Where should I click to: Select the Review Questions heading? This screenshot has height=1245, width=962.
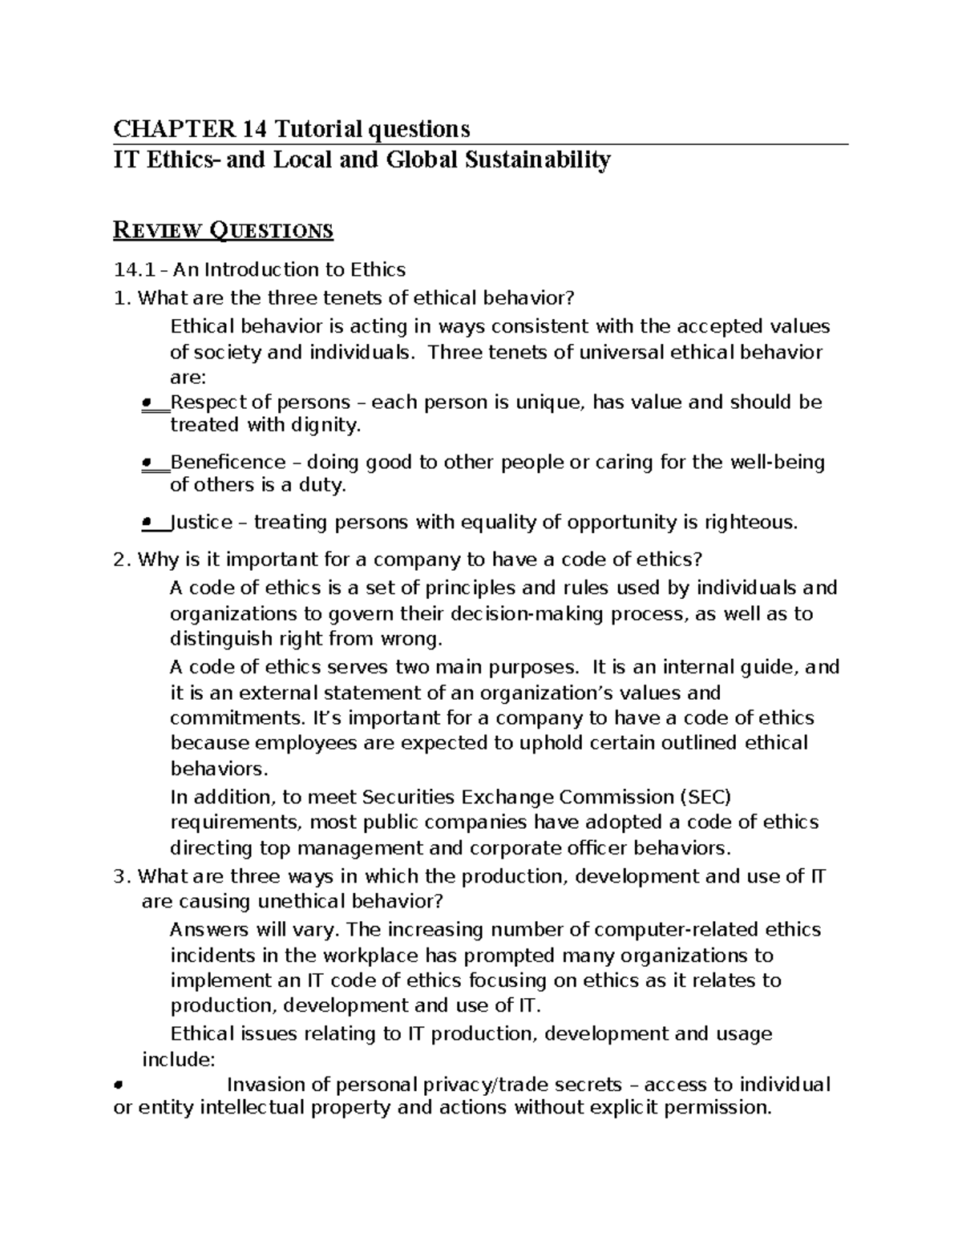tap(224, 231)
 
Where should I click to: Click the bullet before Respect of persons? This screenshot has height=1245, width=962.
tap(147, 402)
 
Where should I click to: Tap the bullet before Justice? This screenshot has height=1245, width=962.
tap(147, 523)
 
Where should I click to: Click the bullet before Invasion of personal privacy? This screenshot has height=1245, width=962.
tap(118, 1085)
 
